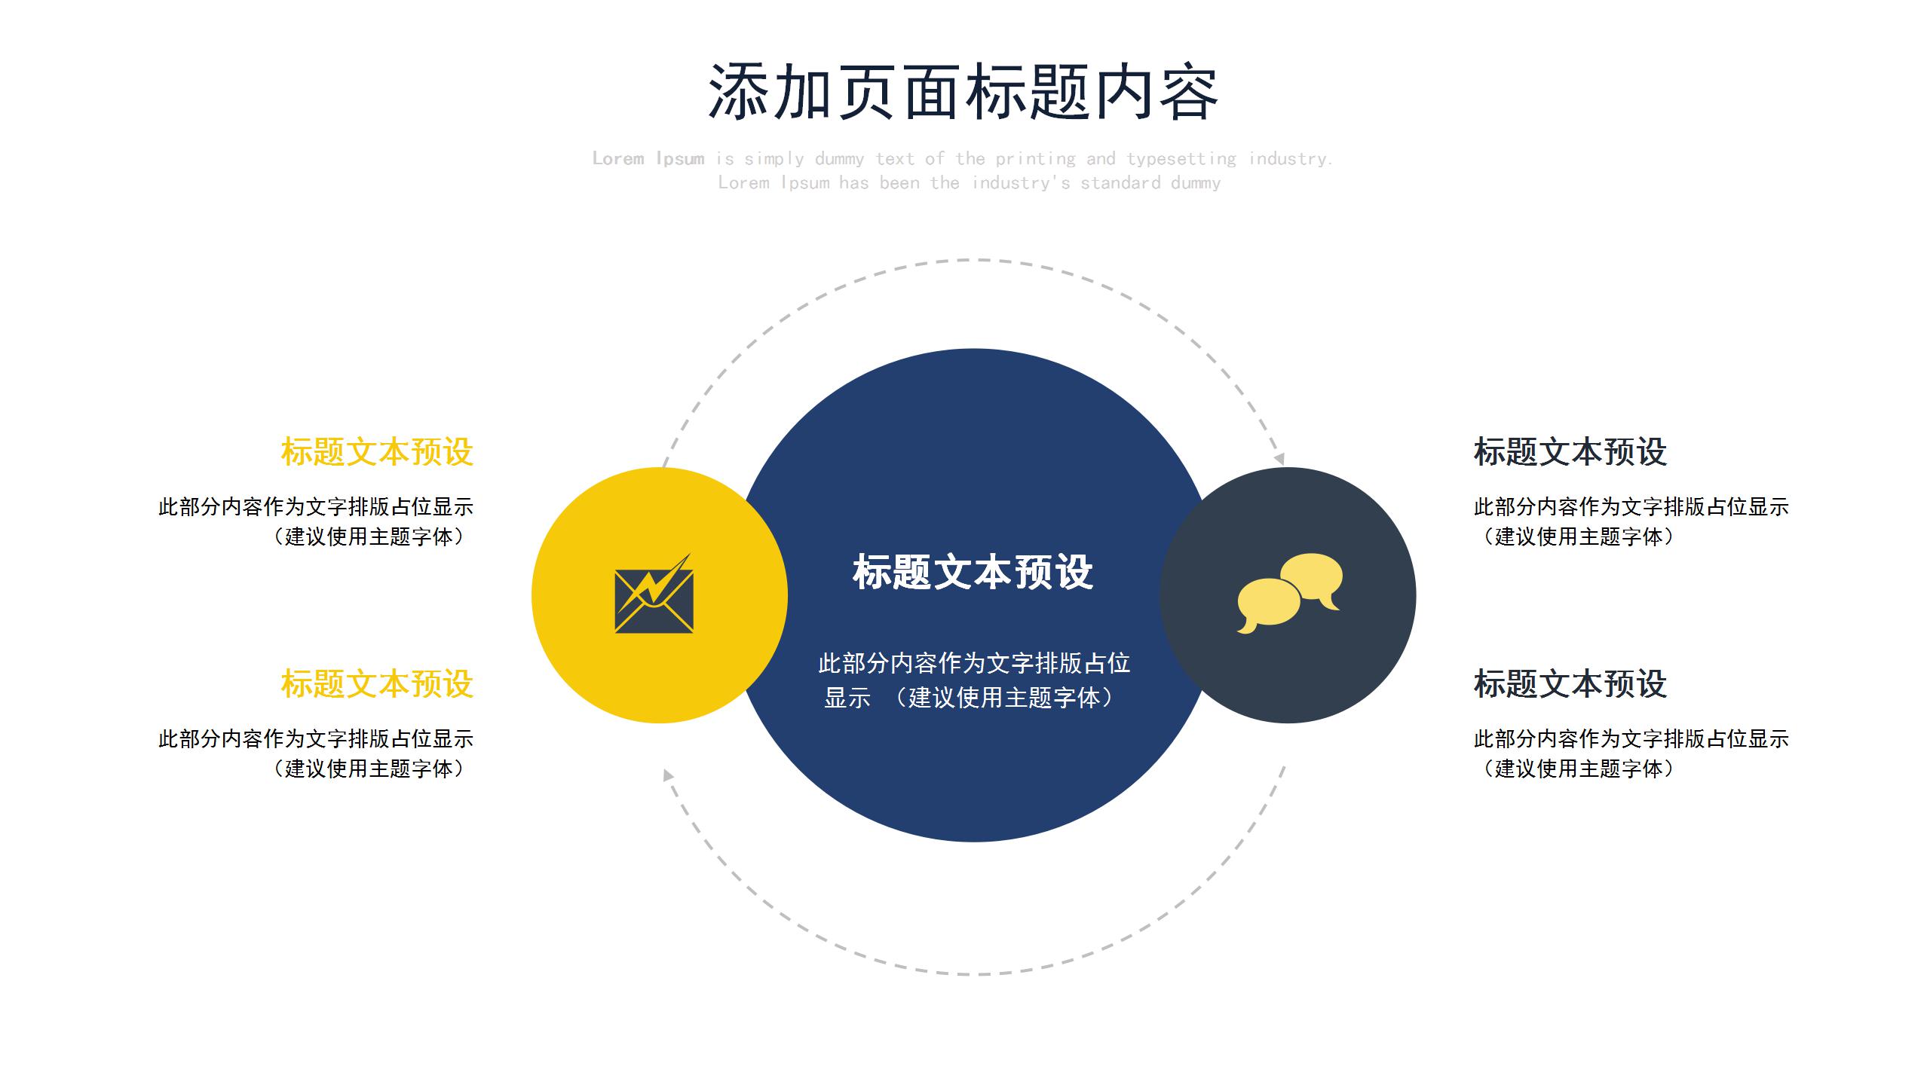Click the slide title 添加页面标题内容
click(x=963, y=92)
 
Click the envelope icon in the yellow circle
click(x=654, y=595)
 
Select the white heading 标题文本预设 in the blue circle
click(x=973, y=572)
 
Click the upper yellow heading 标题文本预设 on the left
click(x=377, y=452)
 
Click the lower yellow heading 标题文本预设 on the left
click(x=377, y=684)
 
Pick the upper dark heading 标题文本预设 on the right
click(x=1570, y=452)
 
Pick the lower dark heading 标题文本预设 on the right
click(x=1570, y=684)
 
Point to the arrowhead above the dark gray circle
click(x=1279, y=458)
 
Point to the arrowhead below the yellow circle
click(x=668, y=775)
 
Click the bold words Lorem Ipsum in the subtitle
click(x=648, y=158)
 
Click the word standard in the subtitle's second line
click(x=1120, y=182)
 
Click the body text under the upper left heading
click(x=317, y=521)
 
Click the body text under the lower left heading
click(x=317, y=753)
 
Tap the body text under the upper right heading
click(x=1630, y=521)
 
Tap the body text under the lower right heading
click(x=1630, y=753)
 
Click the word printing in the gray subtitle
click(x=1035, y=158)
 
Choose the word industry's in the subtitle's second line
click(x=1021, y=182)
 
